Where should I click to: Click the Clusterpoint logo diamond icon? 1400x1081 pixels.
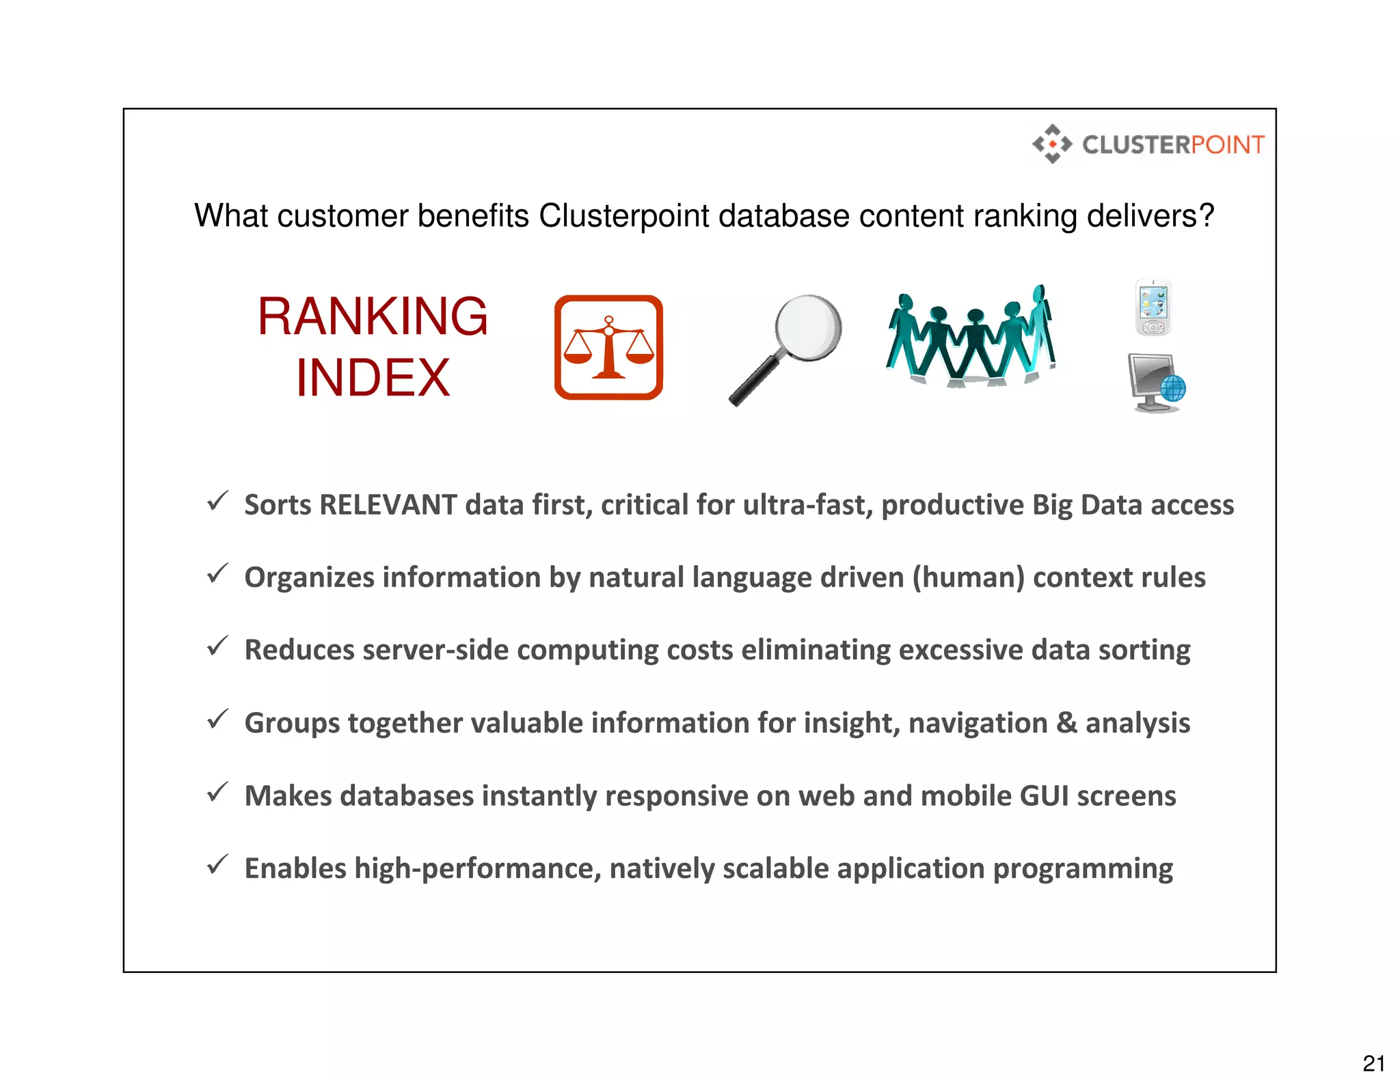[x=1052, y=144]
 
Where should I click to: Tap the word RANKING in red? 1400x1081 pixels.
[x=373, y=316]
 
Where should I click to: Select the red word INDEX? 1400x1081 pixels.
[x=373, y=378]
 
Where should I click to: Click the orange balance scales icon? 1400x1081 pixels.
[x=608, y=347]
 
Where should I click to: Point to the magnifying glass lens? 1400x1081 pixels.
[x=808, y=327]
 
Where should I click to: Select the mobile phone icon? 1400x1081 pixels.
[x=1154, y=307]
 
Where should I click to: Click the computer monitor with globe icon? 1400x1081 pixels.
[x=1157, y=383]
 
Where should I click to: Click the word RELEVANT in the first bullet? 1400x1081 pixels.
[x=388, y=505]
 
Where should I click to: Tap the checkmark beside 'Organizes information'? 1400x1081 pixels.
[x=217, y=574]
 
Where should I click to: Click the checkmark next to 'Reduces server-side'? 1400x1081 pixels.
[x=217, y=646]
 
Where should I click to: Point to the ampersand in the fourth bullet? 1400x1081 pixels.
[x=1066, y=723]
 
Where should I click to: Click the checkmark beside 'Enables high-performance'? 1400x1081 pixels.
[x=217, y=865]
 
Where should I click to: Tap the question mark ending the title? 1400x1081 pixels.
[x=1207, y=216]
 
